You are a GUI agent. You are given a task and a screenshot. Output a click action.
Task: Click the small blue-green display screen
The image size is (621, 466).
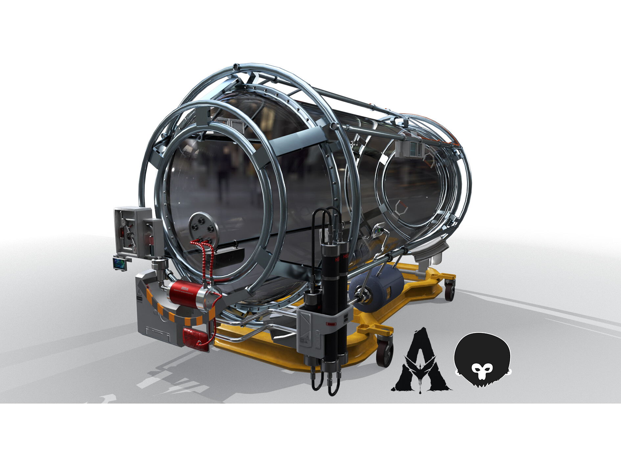119,263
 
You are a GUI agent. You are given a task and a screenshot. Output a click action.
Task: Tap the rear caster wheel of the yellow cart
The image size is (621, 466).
449,289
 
